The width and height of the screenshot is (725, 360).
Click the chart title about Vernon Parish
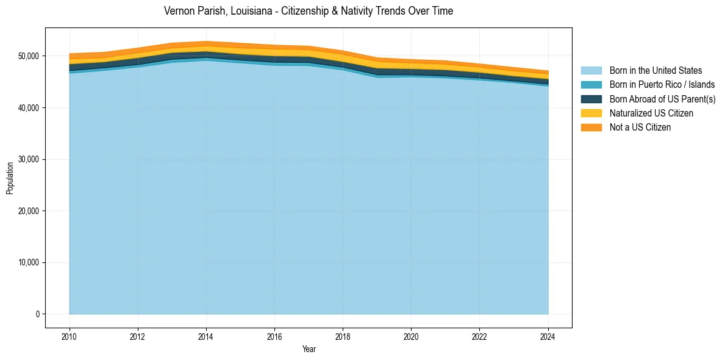point(309,11)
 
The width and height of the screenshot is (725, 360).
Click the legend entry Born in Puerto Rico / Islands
point(662,85)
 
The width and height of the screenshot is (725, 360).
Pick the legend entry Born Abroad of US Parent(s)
point(662,99)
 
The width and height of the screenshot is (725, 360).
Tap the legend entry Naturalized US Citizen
point(651,113)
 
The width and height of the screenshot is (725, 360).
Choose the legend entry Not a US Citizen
point(640,128)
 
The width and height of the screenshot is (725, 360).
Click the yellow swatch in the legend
point(591,113)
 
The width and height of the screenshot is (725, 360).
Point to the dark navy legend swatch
point(591,99)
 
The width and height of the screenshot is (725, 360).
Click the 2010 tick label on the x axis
point(70,336)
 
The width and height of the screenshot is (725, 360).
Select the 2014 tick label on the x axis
point(206,336)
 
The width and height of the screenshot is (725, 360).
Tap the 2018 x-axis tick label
point(343,336)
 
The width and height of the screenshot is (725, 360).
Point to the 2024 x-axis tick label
point(548,336)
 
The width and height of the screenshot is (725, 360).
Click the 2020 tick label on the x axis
point(412,336)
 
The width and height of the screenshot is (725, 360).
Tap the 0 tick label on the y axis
point(37,314)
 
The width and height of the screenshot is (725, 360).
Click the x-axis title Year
point(309,350)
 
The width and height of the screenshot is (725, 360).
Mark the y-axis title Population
point(10,178)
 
